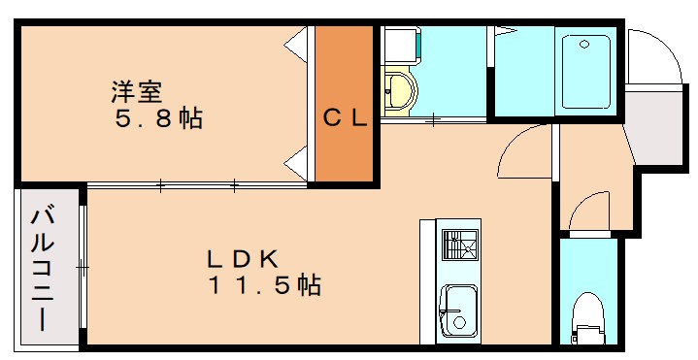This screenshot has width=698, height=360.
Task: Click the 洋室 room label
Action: click(x=135, y=93)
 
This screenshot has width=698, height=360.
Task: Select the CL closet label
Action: click(x=345, y=119)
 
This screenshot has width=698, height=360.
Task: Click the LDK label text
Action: click(x=243, y=259)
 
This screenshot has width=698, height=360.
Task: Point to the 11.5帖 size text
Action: click(x=263, y=286)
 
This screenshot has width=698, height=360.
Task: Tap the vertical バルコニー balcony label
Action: click(x=44, y=268)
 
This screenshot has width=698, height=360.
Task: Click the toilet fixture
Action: click(x=587, y=316)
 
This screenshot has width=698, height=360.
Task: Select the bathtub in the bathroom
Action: click(x=586, y=72)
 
